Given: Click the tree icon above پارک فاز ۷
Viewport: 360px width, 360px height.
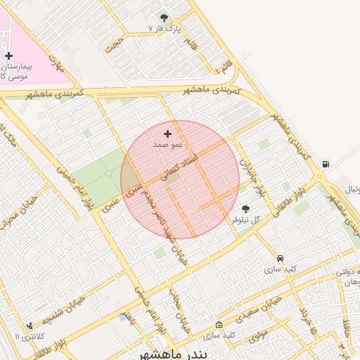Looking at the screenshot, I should (165, 18).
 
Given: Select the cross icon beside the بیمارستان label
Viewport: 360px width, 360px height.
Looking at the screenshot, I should (8, 55).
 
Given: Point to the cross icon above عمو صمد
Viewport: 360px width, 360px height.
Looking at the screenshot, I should (167, 134).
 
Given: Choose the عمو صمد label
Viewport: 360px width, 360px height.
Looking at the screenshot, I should (168, 144).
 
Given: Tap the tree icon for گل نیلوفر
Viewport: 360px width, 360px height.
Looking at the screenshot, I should (245, 209).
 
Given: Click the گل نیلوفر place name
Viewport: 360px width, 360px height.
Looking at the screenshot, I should (247, 219).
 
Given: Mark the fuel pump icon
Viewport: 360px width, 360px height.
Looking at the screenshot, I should (325, 165).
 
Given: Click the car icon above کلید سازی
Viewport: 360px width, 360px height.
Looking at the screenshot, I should (281, 259).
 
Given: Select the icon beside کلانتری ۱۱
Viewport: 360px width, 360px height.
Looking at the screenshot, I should (29, 326).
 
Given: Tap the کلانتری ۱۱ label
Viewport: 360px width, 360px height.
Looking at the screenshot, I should (27, 337).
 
